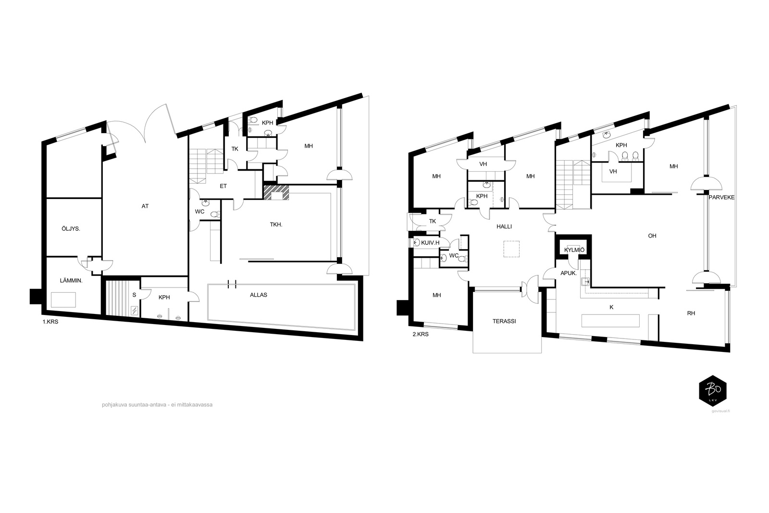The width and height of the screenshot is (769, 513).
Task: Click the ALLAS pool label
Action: [x=259, y=295]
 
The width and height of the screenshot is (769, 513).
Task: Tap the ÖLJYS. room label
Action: [x=71, y=229]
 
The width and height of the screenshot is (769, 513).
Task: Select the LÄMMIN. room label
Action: [x=71, y=280]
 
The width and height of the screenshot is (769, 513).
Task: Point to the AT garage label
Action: [x=145, y=206]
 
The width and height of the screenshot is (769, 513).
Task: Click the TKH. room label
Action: [x=276, y=225]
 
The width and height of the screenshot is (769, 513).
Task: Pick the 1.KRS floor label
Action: [x=50, y=322]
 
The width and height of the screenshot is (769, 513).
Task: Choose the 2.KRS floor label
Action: [x=421, y=334]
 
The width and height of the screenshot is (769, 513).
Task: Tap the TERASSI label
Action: [x=504, y=321]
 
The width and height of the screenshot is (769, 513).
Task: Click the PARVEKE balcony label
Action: [x=721, y=198]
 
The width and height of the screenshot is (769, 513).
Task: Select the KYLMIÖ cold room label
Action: [x=574, y=250]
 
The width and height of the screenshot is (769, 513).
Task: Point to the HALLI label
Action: [x=504, y=226]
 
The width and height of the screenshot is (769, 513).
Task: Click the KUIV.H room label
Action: [x=430, y=243]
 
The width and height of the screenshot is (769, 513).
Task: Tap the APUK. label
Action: [x=569, y=273]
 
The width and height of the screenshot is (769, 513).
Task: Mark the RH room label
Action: [x=691, y=313]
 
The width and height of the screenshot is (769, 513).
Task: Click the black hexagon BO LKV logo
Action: [x=713, y=391]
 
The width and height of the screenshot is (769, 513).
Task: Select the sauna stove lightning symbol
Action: [x=135, y=311]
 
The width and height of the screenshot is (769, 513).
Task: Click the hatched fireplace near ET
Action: [x=276, y=193]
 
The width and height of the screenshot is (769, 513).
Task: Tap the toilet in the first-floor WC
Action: [x=214, y=214]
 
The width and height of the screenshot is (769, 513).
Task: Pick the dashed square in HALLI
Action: [x=511, y=249]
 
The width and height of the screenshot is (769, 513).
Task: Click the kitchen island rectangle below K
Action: [x=610, y=321]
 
